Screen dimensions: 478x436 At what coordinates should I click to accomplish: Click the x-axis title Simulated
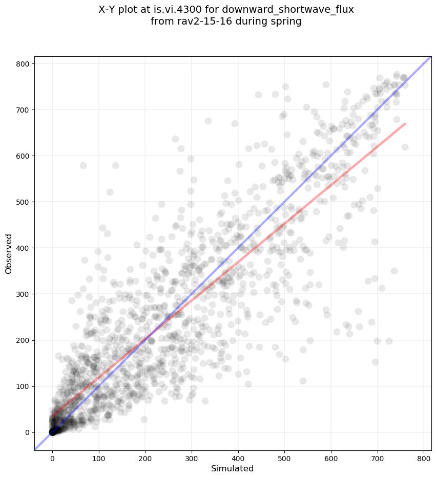233,468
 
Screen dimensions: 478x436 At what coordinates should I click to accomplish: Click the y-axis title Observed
9,253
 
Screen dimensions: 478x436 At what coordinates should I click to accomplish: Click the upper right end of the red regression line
405,124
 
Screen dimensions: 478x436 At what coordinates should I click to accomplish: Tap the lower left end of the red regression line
52,415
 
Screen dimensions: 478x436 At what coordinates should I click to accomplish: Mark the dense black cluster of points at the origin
53,431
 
